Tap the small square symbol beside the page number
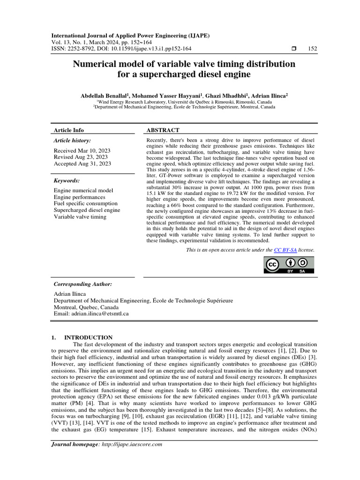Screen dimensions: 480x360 pos(293,49)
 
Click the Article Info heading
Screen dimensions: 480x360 pos(69,130)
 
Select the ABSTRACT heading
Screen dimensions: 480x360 pos(163,130)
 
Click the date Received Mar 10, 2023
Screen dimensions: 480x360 pos(82,150)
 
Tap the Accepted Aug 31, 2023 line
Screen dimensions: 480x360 pos(82,164)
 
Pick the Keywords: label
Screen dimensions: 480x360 pos(67,180)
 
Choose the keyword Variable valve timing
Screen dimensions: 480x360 pos(80,217)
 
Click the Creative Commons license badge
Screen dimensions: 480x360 pos(288,265)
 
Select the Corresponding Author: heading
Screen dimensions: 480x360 pos(83,284)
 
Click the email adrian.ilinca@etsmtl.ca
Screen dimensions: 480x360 pos(101,313)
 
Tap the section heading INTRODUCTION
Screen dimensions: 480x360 pos(88,337)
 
